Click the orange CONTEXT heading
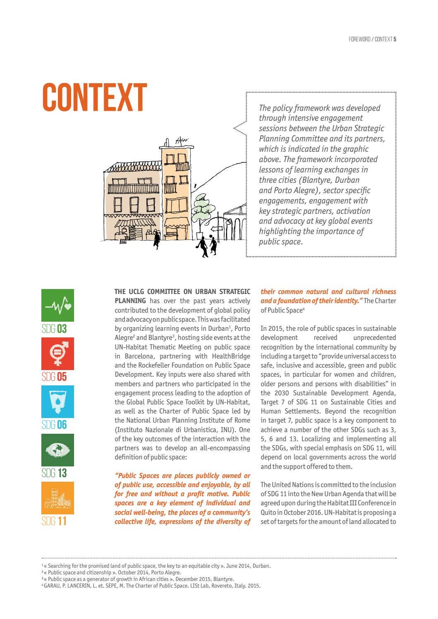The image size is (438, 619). point(95,98)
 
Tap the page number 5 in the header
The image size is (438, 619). point(395,39)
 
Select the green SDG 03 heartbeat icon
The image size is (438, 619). point(58,305)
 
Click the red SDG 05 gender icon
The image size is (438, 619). point(58,353)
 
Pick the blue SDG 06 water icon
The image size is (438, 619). point(58,402)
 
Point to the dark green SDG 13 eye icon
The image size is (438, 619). point(58,449)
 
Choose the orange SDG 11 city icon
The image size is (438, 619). point(58,498)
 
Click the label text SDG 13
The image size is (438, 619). point(54,473)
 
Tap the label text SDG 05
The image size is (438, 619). point(54,376)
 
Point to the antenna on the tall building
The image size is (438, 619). point(181,141)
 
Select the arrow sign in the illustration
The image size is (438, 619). point(216,228)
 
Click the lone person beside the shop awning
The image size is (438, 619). point(156,239)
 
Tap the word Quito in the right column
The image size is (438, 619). point(268,512)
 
